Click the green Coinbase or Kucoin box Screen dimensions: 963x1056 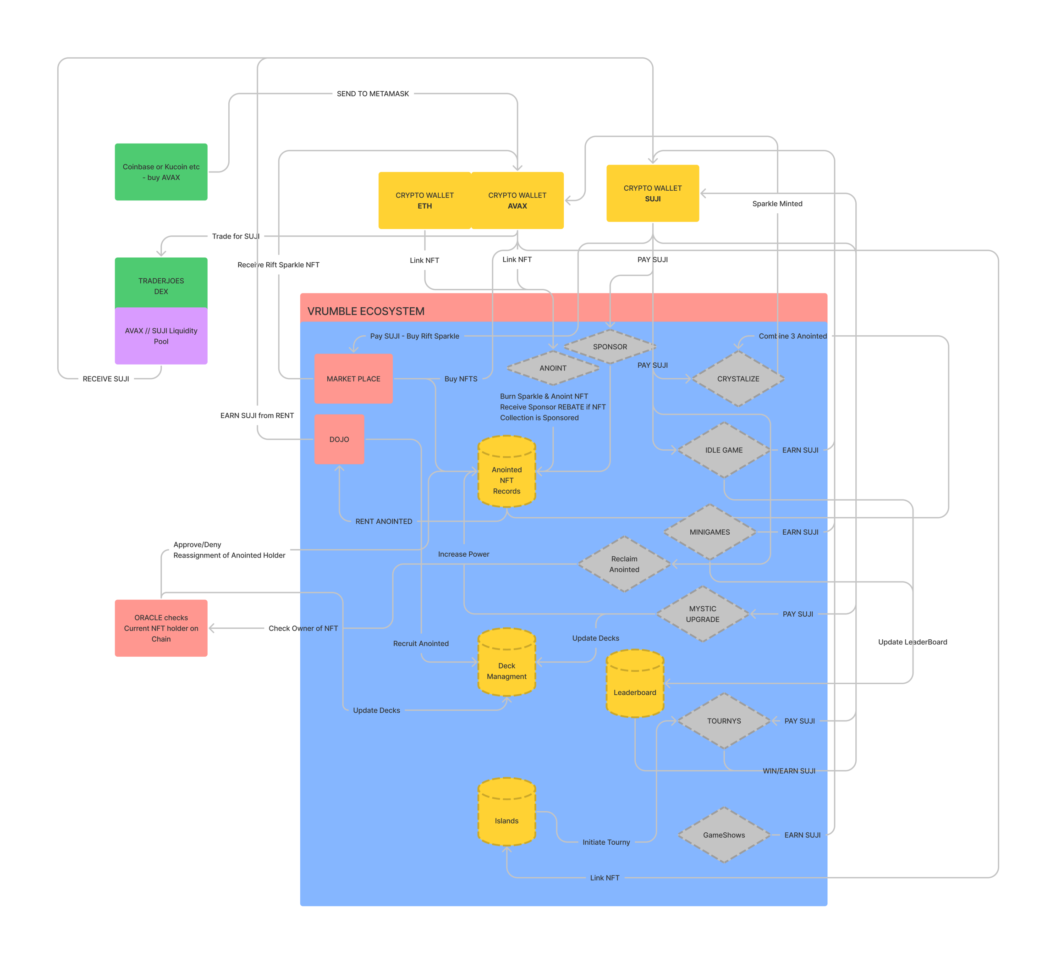pyautogui.click(x=161, y=172)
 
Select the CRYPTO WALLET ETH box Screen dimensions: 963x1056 pyautogui.click(x=424, y=200)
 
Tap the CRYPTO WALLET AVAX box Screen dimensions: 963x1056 pyautogui.click(x=517, y=200)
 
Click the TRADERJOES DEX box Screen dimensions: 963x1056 pyautogui.click(x=161, y=283)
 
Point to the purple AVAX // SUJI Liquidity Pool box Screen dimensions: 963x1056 pyautogui.click(x=161, y=336)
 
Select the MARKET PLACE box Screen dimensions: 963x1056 pyautogui.click(x=353, y=378)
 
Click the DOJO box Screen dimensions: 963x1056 pyautogui.click(x=339, y=439)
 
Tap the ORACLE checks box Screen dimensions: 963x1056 pyautogui.click(x=161, y=628)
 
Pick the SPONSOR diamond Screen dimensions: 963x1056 pyautogui.click(x=610, y=346)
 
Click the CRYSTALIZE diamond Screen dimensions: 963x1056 pyautogui.click(x=737, y=378)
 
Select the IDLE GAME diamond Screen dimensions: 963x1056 pyautogui.click(x=723, y=449)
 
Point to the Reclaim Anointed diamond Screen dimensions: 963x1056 pyautogui.click(x=624, y=564)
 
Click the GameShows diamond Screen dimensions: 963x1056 pyautogui.click(x=723, y=835)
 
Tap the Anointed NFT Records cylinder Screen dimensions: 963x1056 pyautogui.click(x=506, y=474)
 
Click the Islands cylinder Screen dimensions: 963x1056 pyautogui.click(x=506, y=815)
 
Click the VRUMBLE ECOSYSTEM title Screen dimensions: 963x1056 pyautogui.click(x=366, y=311)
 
